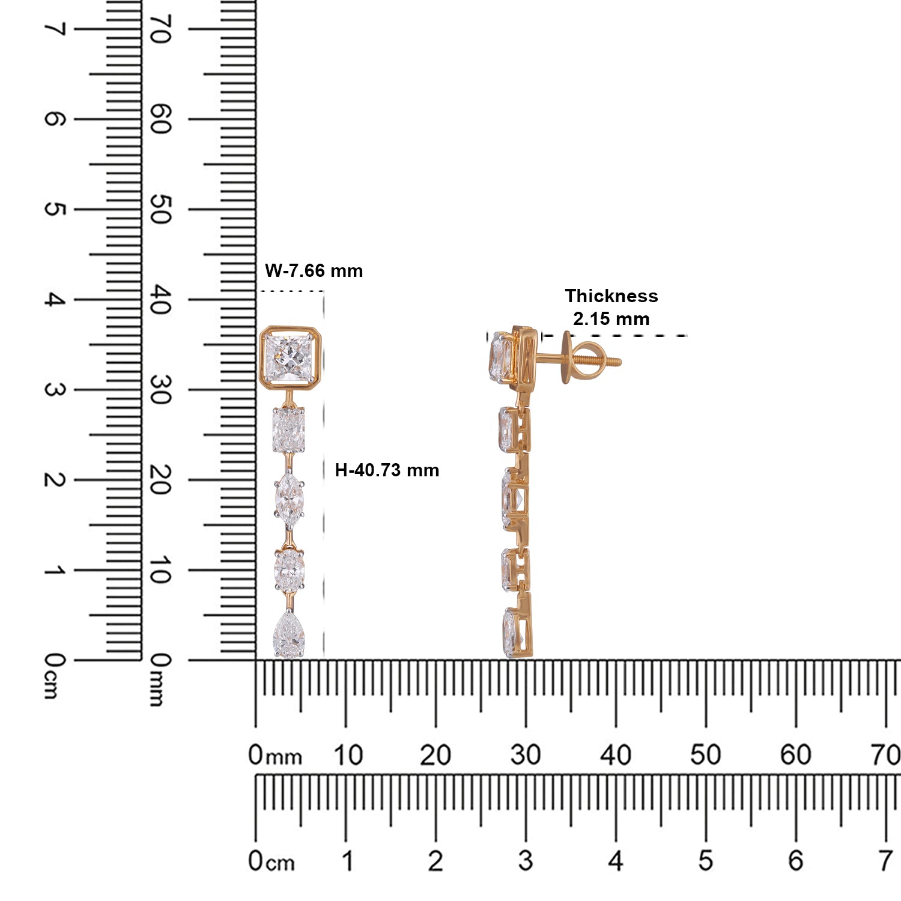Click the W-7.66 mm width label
(x=314, y=271)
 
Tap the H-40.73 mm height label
(x=387, y=470)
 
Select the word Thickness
(x=611, y=296)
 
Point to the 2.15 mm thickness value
(x=611, y=318)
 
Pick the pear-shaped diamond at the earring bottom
(x=289, y=634)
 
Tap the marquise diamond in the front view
(x=289, y=498)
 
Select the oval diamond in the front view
(x=290, y=569)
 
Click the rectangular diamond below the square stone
(x=289, y=430)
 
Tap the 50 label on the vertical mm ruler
(x=159, y=210)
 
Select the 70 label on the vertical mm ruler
(x=159, y=29)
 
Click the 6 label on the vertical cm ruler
(x=54, y=119)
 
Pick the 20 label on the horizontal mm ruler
(x=435, y=756)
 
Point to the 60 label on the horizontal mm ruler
(x=795, y=756)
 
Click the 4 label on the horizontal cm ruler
(x=615, y=861)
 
